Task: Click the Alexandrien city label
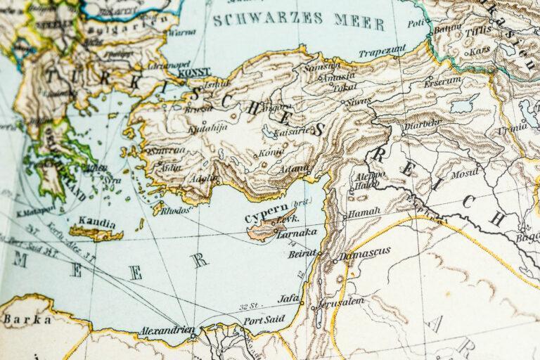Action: [x=167, y=328]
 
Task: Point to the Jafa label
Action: [x=289, y=298]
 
